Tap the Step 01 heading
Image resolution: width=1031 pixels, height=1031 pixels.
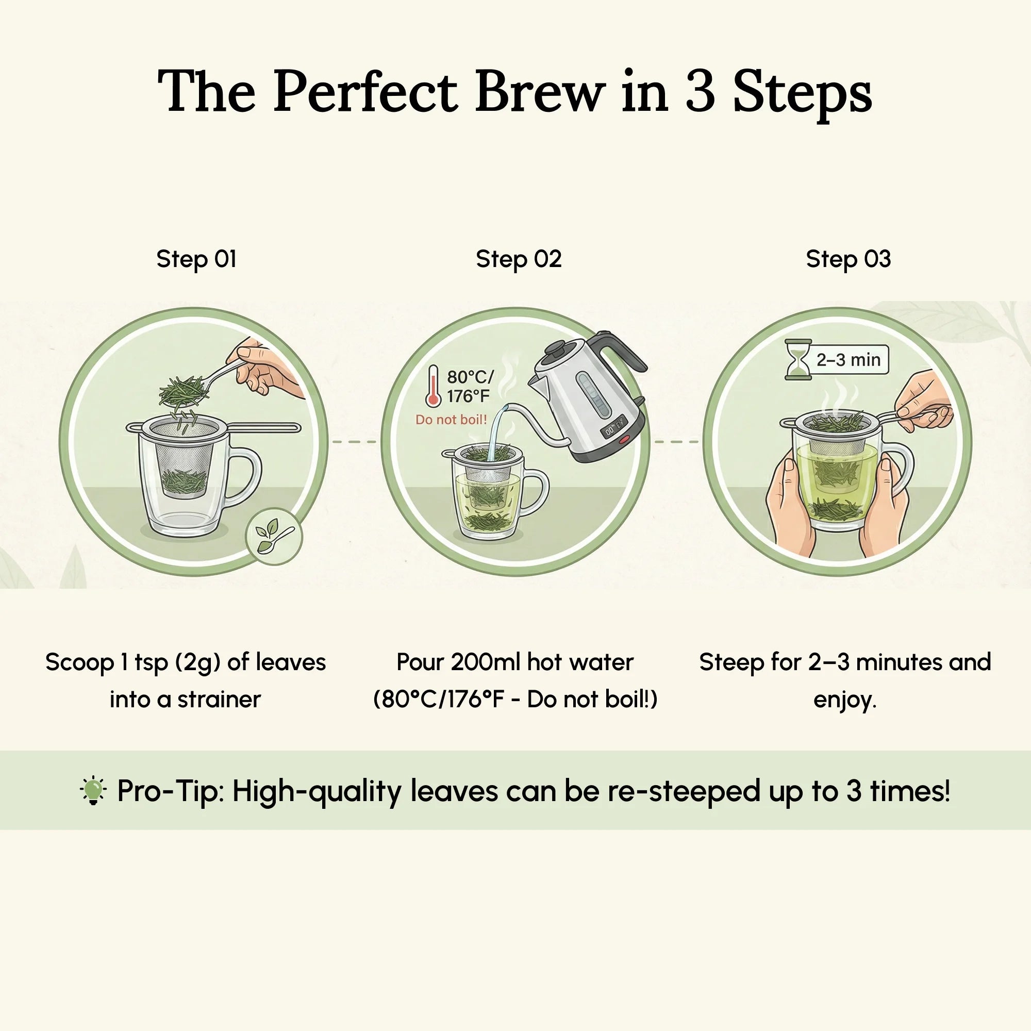pyautogui.click(x=196, y=259)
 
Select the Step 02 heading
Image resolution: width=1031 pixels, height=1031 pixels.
pyautogui.click(x=518, y=259)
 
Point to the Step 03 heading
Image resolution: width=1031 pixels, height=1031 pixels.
pyautogui.click(x=848, y=259)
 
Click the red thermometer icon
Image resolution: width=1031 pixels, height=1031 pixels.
pyautogui.click(x=433, y=386)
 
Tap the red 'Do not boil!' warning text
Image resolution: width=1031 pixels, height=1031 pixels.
pyautogui.click(x=451, y=420)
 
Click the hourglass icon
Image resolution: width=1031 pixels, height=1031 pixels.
pyautogui.click(x=798, y=359)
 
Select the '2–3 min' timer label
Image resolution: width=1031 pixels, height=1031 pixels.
pyautogui.click(x=848, y=360)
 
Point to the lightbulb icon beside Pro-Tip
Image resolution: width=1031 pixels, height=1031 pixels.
pyautogui.click(x=93, y=790)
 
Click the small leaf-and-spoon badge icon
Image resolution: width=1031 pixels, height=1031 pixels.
pyautogui.click(x=274, y=536)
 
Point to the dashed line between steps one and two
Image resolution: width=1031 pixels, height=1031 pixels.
pyautogui.click(x=354, y=442)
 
